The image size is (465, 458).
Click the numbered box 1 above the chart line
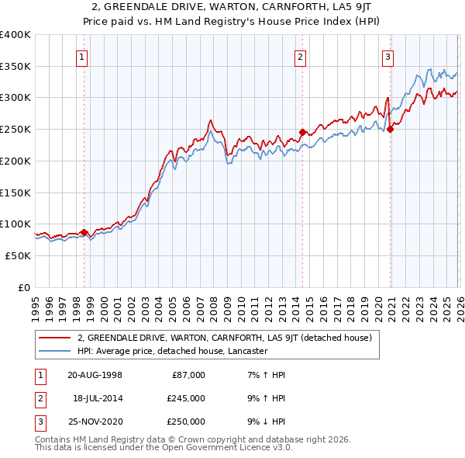tap(81, 55)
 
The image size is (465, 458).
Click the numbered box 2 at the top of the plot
tap(300, 55)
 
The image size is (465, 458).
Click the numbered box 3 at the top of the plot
tap(387, 55)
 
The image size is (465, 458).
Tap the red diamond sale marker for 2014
tap(302, 132)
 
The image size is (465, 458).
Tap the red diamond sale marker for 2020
tap(390, 129)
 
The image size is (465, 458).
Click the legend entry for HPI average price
tap(172, 351)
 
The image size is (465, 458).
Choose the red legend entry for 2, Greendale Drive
tap(225, 338)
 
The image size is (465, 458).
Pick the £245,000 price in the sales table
tap(186, 397)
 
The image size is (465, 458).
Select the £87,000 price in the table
tap(188, 374)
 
